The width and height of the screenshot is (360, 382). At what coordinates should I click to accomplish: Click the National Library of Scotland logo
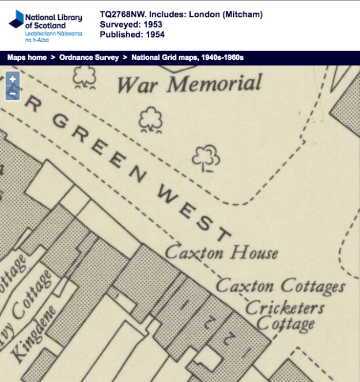[45, 26]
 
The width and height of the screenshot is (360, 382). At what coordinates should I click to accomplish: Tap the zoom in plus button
[13, 79]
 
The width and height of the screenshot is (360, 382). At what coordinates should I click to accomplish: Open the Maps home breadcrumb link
[27, 58]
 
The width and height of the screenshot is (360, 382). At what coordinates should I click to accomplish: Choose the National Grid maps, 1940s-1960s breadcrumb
[188, 58]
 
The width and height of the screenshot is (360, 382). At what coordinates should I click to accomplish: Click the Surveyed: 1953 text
[131, 25]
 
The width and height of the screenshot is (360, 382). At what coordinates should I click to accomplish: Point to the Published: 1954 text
[132, 35]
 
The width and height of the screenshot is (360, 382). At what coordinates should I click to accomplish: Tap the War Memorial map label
[190, 84]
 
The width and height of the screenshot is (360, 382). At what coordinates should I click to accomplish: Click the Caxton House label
[221, 253]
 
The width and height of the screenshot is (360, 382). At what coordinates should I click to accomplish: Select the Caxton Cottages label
[280, 285]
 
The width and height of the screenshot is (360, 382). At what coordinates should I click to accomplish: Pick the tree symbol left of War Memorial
[85, 77]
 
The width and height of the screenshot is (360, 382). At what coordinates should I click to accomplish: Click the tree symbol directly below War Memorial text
[151, 120]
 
